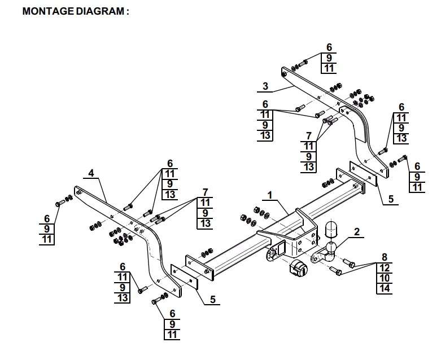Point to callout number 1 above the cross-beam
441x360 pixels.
(270, 195)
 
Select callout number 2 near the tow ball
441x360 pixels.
(356, 231)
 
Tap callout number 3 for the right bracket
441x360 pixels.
(265, 86)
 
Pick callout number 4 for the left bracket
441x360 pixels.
(90, 173)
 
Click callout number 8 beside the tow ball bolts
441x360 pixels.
(385, 257)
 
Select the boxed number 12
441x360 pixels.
(385, 267)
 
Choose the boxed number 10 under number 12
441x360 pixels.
(385, 278)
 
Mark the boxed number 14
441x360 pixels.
(385, 289)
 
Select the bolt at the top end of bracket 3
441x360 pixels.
(300, 63)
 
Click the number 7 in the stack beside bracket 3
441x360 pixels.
(309, 135)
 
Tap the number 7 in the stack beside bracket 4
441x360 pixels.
(205, 192)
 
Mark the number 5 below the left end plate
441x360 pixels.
(212, 300)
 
